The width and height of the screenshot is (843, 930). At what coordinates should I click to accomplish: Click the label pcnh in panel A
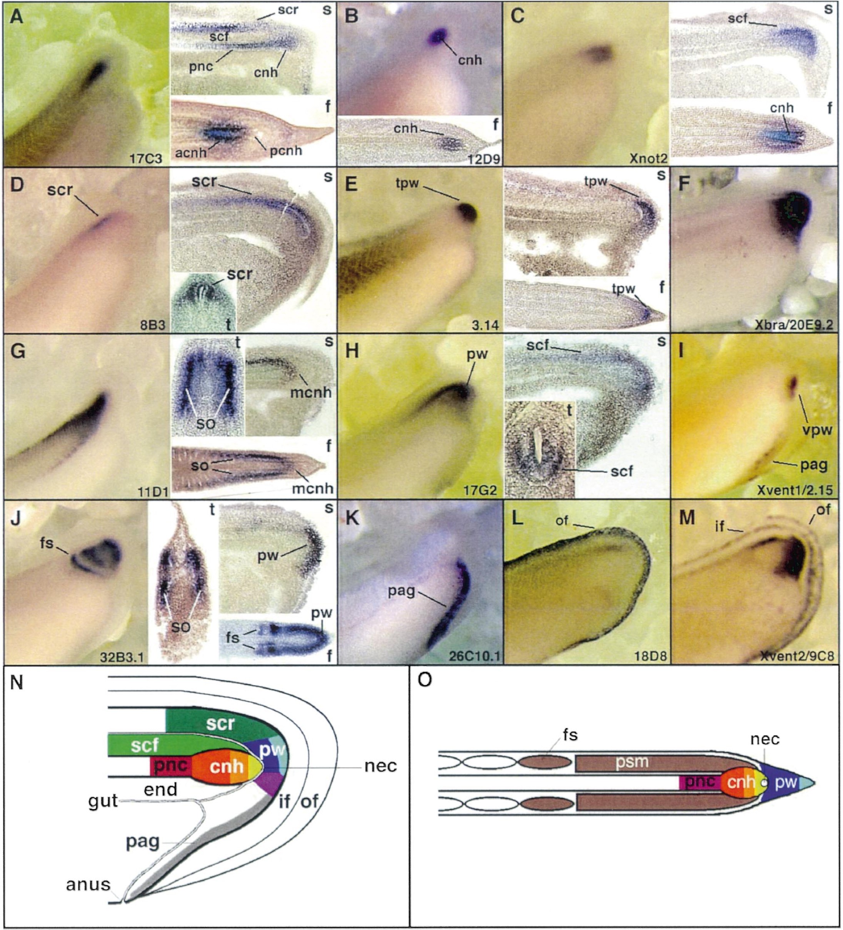click(x=285, y=151)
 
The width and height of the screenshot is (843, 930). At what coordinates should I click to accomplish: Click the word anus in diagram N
click(x=88, y=884)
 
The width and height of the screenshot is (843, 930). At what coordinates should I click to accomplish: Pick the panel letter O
click(x=425, y=681)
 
